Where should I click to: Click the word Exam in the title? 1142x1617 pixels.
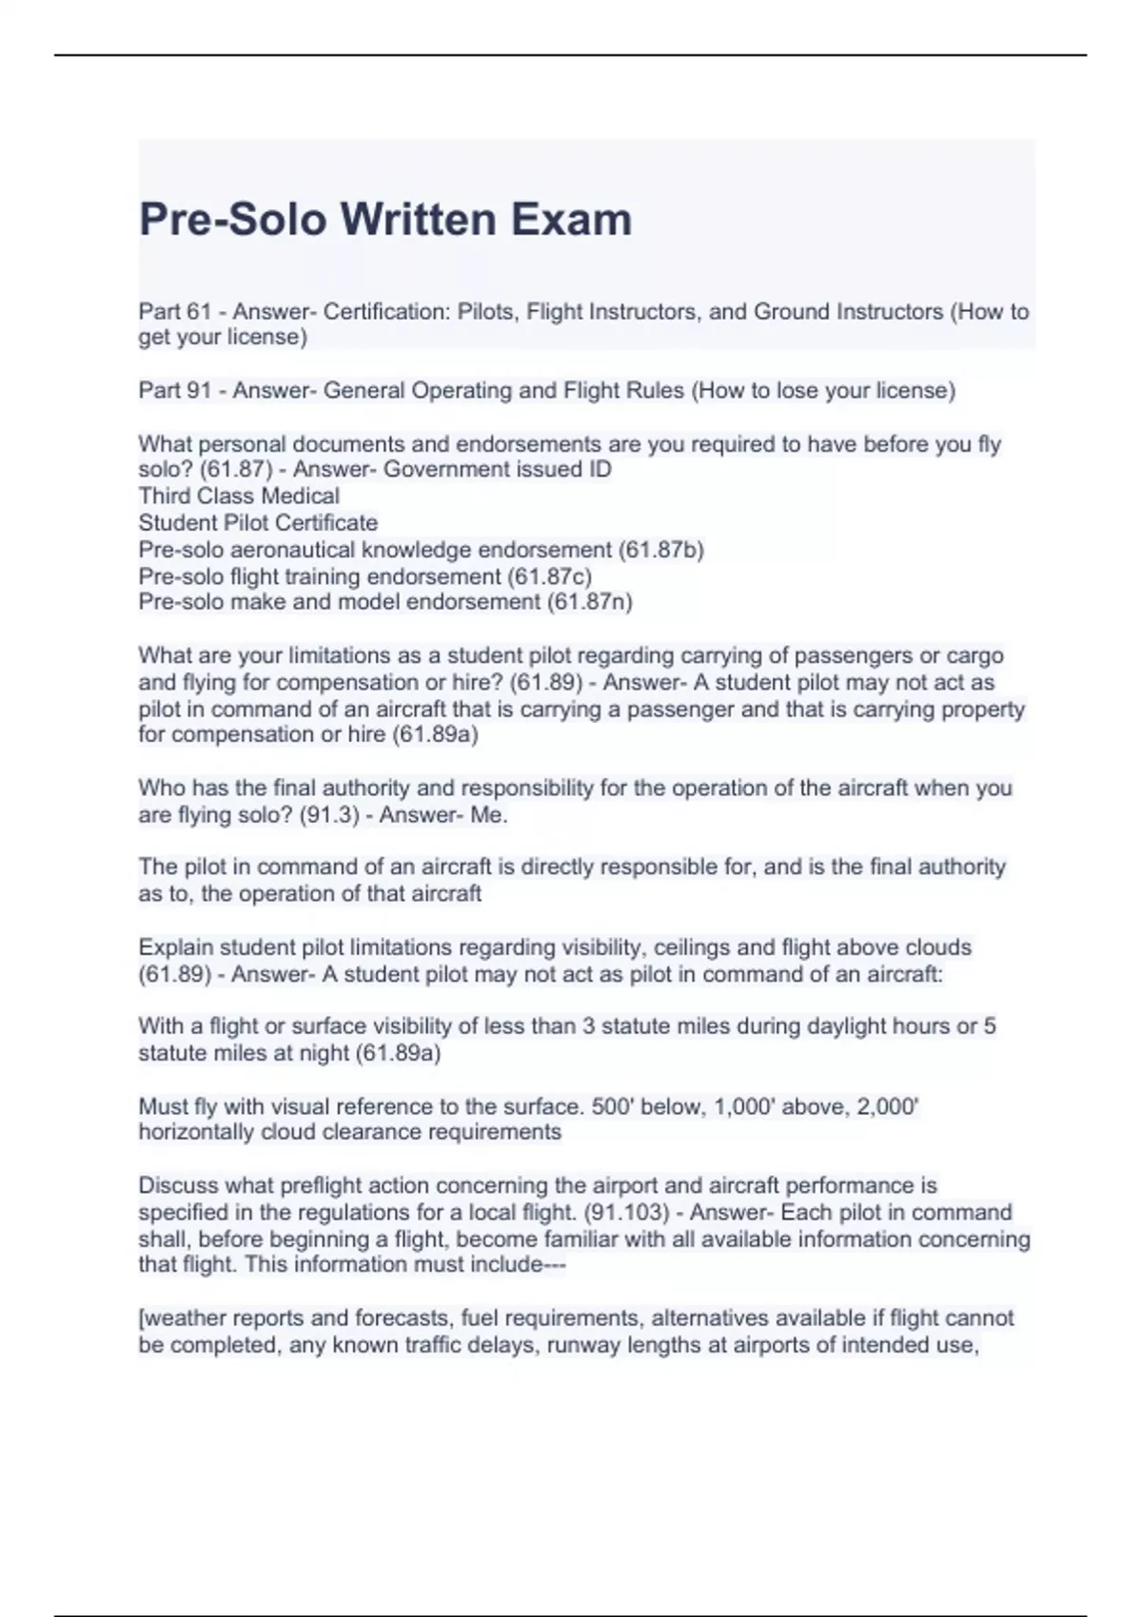(x=571, y=220)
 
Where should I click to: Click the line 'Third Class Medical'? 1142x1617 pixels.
(x=239, y=497)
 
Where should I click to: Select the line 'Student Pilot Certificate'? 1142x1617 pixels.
(x=258, y=523)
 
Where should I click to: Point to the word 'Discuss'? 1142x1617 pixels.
(x=176, y=1186)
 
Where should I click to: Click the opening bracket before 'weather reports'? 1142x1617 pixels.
(x=142, y=1318)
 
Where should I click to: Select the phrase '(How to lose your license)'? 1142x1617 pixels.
(x=823, y=391)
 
